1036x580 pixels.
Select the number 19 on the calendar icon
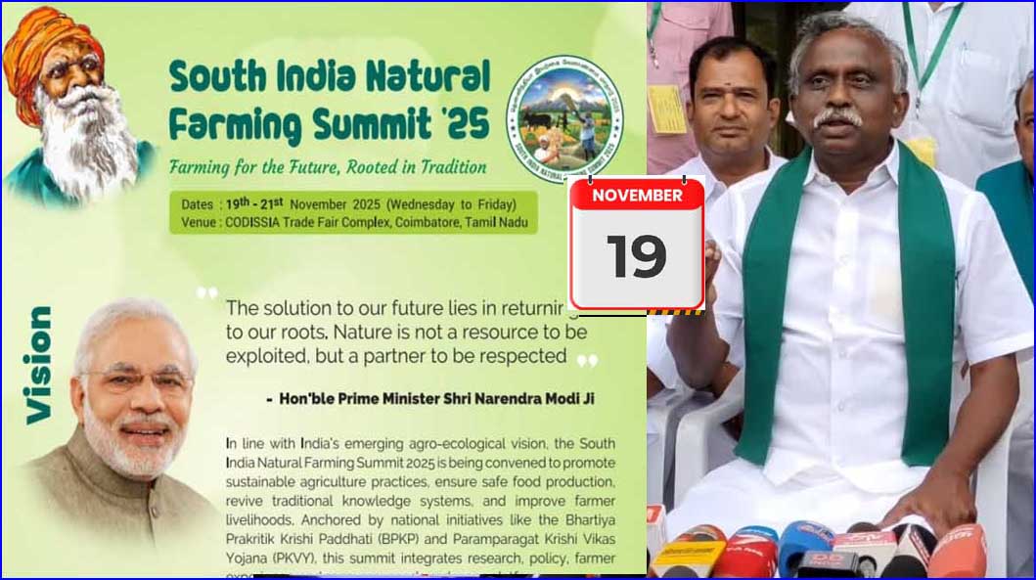tap(636, 256)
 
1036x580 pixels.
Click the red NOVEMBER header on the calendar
tap(637, 195)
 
